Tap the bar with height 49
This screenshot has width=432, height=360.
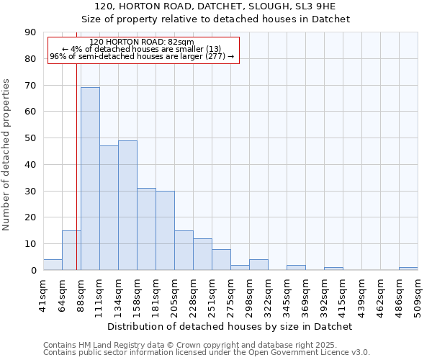(127, 205)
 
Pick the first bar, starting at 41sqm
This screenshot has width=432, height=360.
(53, 265)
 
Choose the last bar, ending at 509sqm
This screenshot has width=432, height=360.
(408, 269)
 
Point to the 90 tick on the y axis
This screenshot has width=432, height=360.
(30, 32)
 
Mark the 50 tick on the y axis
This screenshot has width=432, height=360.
(30, 138)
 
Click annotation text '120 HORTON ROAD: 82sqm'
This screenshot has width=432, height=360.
(142, 42)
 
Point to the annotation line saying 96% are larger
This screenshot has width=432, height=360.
(142, 56)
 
